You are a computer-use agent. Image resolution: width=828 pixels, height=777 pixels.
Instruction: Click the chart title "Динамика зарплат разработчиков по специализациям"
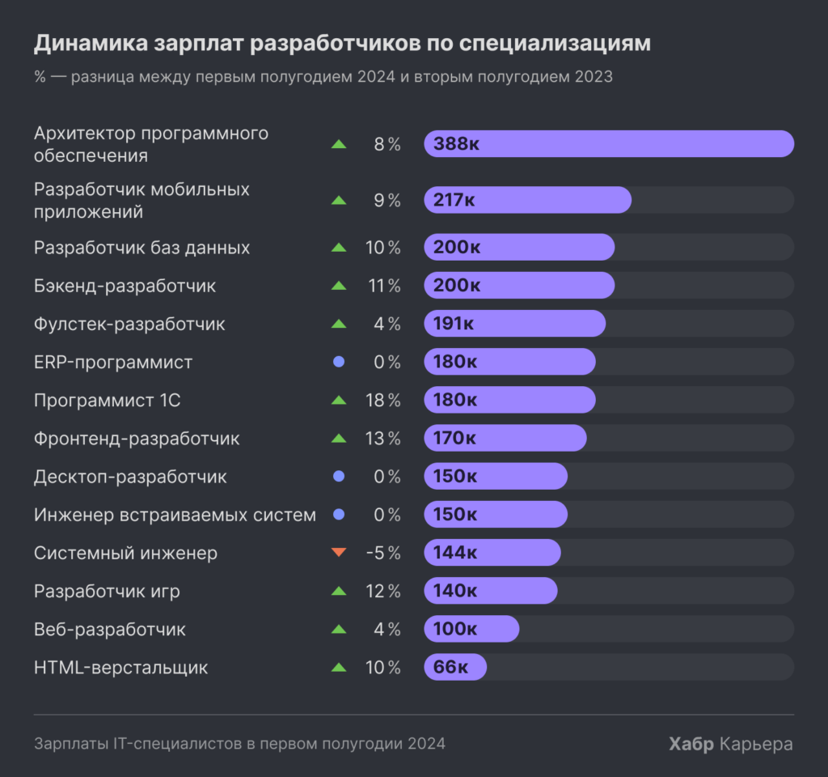pyautogui.click(x=341, y=44)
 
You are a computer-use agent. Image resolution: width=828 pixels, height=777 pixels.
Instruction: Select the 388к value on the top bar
pyautogui.click(x=456, y=144)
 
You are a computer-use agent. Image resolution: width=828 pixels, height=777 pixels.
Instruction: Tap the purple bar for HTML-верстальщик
pyautogui.click(x=455, y=668)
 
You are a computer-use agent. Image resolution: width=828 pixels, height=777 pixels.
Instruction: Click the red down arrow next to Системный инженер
pyautogui.click(x=339, y=553)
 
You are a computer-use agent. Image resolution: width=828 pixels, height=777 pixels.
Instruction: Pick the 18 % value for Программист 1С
pyautogui.click(x=382, y=401)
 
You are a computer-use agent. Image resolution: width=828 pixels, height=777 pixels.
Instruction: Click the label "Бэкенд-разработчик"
pyautogui.click(x=125, y=286)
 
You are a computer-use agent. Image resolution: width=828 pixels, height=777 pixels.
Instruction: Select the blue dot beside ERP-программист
pyautogui.click(x=339, y=362)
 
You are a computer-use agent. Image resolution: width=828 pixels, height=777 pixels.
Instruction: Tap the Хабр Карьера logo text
pyautogui.click(x=730, y=744)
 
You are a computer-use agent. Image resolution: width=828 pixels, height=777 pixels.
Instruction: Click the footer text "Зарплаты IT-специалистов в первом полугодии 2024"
pyautogui.click(x=239, y=744)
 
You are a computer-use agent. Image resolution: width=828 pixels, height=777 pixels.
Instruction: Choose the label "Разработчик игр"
pyautogui.click(x=107, y=592)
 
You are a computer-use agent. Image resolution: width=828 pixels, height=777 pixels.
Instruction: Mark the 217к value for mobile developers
pyautogui.click(x=454, y=200)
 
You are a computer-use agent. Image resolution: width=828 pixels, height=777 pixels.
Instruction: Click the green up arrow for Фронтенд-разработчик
pyautogui.click(x=339, y=439)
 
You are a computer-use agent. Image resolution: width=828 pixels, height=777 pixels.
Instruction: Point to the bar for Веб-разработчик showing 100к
pyautogui.click(x=471, y=629)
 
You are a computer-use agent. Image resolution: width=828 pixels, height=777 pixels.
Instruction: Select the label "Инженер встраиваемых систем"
pyautogui.click(x=175, y=515)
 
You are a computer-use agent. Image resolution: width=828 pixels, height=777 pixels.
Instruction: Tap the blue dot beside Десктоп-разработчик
pyautogui.click(x=339, y=477)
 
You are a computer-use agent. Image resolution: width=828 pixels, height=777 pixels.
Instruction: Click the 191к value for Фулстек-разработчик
pyautogui.click(x=454, y=324)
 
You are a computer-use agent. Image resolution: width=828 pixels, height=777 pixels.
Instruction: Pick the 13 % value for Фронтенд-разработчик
pyautogui.click(x=382, y=439)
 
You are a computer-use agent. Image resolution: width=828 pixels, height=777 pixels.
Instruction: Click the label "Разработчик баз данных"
pyautogui.click(x=142, y=248)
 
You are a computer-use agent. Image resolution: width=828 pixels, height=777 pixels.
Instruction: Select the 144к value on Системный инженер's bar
pyautogui.click(x=455, y=553)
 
